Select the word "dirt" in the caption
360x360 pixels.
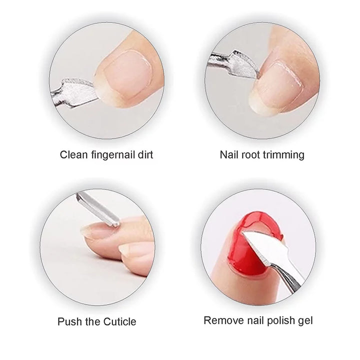[145, 154]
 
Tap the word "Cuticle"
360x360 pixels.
[119, 321]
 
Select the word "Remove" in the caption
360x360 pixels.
[223, 320]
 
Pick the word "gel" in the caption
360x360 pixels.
[305, 321]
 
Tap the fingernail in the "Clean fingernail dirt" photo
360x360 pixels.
[126, 76]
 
